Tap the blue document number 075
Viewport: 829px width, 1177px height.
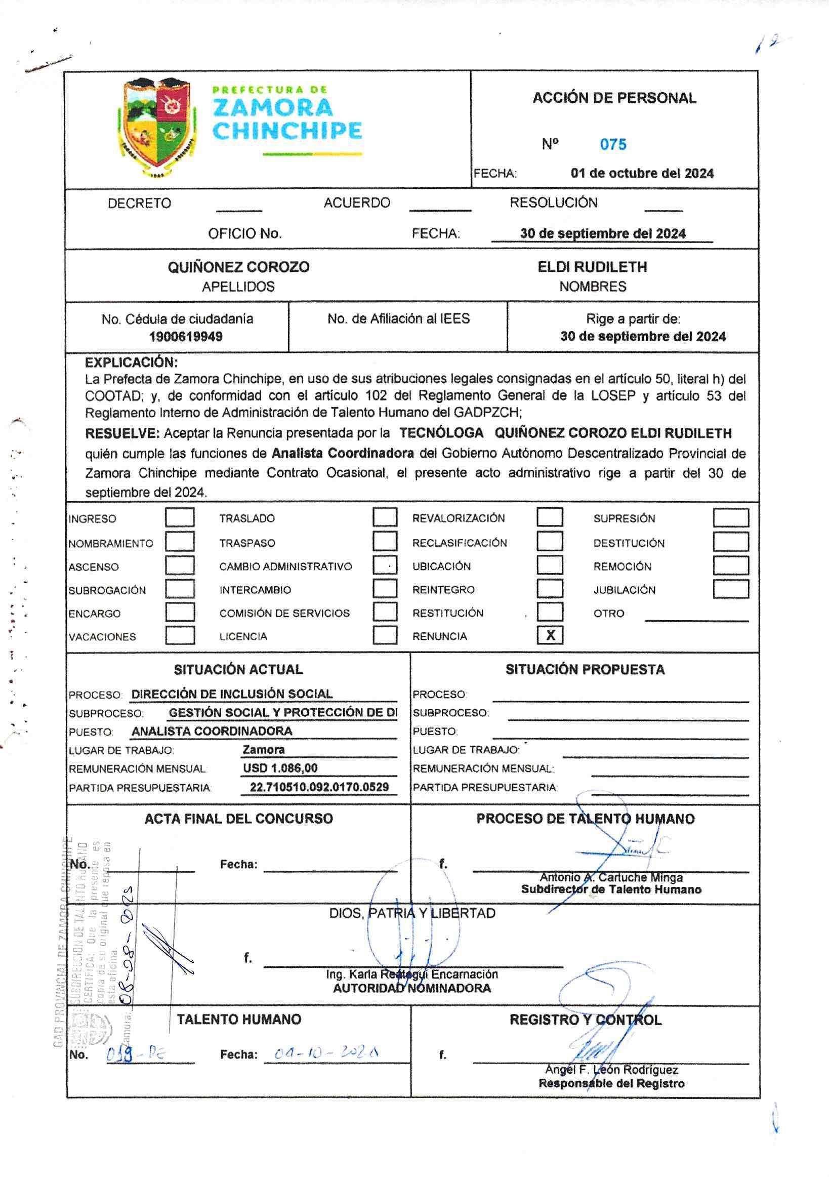[x=613, y=145]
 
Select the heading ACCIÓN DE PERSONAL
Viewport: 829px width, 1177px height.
[x=614, y=98]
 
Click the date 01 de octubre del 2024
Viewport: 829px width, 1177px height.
[x=642, y=173]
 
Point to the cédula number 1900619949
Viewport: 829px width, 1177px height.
[x=185, y=337]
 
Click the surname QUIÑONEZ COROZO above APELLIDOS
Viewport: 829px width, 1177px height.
[x=238, y=267]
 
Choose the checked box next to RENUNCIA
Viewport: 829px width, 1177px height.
[x=550, y=635]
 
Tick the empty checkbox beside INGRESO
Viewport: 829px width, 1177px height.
[x=179, y=517]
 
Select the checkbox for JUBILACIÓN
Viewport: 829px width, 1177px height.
[x=730, y=589]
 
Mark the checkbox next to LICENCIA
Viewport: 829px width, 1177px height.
[x=385, y=635]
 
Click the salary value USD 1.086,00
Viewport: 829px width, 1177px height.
[x=280, y=768]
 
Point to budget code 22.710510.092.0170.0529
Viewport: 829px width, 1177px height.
[x=319, y=787]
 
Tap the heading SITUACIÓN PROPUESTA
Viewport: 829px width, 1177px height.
[x=585, y=669]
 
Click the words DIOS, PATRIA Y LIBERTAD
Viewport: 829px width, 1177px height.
[x=412, y=913]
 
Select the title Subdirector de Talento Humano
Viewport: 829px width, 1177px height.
[x=611, y=889]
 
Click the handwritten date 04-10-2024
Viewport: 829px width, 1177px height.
[x=326, y=1054]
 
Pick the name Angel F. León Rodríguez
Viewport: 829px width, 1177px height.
[x=611, y=1070]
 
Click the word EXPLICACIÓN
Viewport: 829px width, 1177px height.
[x=131, y=362]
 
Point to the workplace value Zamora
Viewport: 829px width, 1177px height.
[x=263, y=749]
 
